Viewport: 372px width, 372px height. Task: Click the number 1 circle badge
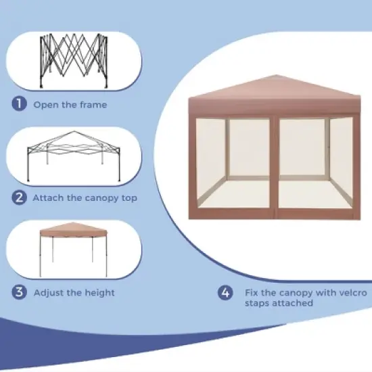click(x=19, y=104)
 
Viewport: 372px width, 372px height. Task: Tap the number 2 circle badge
click(x=19, y=198)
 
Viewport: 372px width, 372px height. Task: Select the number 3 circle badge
click(x=19, y=292)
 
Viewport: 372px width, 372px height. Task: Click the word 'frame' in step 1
click(x=93, y=105)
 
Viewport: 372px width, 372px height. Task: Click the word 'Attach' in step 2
click(x=48, y=198)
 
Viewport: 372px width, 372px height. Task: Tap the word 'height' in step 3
click(x=99, y=293)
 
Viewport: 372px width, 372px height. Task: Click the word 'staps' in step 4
click(x=256, y=304)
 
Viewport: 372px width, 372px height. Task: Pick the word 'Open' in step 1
click(x=45, y=105)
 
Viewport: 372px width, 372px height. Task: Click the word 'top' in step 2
click(x=129, y=198)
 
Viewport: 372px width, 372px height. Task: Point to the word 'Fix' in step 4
click(x=250, y=293)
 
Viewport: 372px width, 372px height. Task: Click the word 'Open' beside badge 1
click(x=45, y=105)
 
